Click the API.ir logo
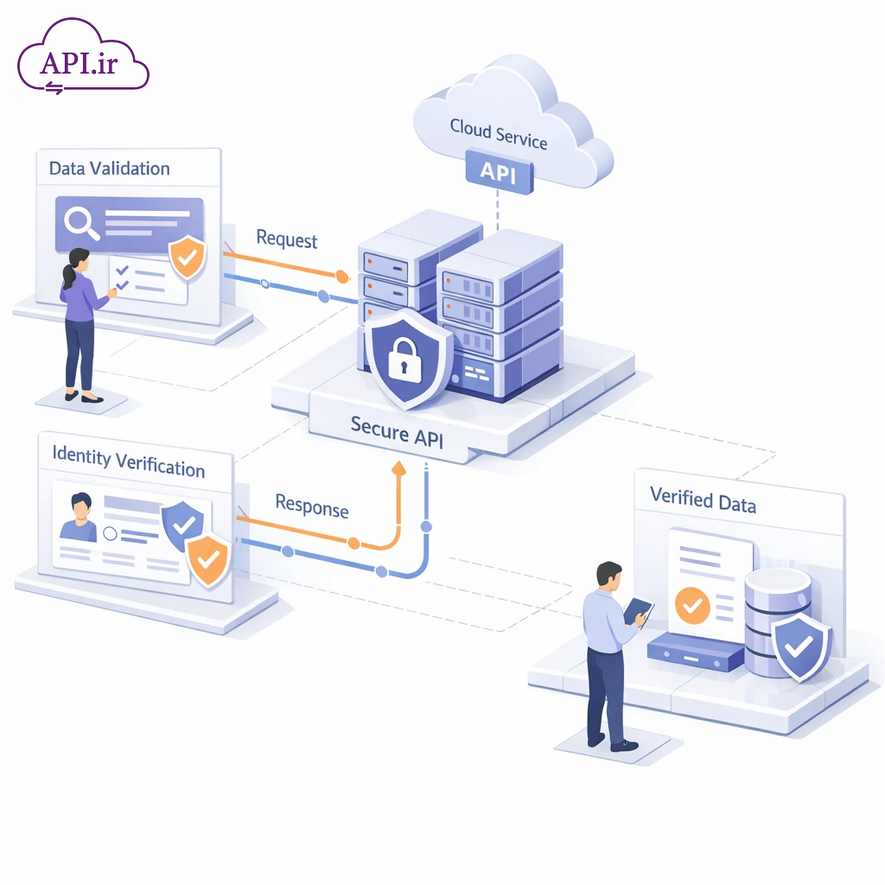tap(83, 59)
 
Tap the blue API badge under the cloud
tap(498, 171)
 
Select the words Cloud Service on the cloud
tap(499, 134)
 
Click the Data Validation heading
tap(109, 169)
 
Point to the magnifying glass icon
tap(83, 221)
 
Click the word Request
tap(287, 239)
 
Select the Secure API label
tap(397, 430)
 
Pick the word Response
tap(311, 506)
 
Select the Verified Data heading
tap(702, 500)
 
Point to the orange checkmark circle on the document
tap(691, 605)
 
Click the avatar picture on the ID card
tap(79, 518)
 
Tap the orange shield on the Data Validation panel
tap(187, 257)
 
